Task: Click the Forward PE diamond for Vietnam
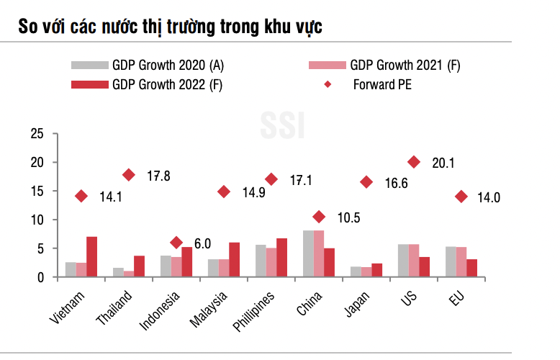coord(81,196)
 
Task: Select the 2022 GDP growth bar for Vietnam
coord(91,256)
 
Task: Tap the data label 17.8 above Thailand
coord(158,176)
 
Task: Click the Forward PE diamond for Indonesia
coord(176,243)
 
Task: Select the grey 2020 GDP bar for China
coord(308,253)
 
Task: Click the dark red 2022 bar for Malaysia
coord(234,259)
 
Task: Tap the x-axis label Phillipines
coord(253,310)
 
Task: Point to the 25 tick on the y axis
coord(37,134)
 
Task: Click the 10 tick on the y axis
coord(37,220)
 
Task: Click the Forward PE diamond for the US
coord(414,162)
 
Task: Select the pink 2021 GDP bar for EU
coord(461,261)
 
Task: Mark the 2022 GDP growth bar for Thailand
coord(139,266)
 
